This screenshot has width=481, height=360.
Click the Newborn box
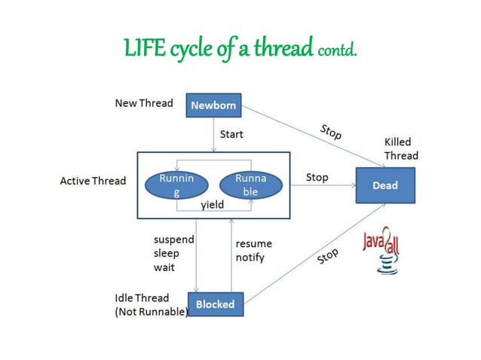(x=213, y=105)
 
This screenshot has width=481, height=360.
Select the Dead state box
(x=384, y=185)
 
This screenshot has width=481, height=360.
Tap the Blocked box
(x=215, y=304)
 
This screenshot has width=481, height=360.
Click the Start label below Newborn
(x=231, y=135)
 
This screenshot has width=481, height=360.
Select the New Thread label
(x=143, y=102)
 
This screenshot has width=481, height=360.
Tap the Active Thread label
(x=93, y=182)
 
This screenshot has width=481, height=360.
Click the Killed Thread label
(x=400, y=148)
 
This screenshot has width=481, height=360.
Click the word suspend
(x=173, y=239)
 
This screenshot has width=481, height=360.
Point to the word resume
(x=254, y=244)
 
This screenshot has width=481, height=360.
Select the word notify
(x=250, y=258)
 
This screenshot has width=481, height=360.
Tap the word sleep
(x=167, y=253)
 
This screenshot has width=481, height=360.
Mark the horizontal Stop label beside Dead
(x=317, y=178)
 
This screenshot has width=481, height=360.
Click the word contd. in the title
(x=337, y=51)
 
